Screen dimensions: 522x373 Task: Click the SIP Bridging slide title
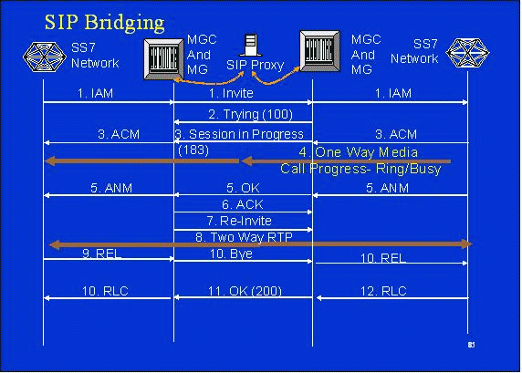[105, 23]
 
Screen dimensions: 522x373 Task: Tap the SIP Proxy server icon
[250, 45]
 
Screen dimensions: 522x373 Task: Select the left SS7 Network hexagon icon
[45, 57]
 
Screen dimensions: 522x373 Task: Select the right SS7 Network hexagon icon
[467, 53]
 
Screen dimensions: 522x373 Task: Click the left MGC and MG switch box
[163, 59]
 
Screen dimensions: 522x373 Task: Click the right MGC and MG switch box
[320, 51]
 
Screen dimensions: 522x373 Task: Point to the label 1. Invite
[231, 93]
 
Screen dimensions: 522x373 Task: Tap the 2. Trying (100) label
[250, 115]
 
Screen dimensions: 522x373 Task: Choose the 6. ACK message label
[243, 204]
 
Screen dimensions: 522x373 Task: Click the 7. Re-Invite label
[239, 221]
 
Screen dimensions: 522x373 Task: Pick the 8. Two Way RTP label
[244, 237]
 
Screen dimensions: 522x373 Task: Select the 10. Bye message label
[231, 254]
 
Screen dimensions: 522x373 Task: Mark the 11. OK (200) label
[245, 291]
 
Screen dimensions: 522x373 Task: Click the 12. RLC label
[383, 291]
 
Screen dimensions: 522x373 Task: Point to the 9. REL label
[102, 254]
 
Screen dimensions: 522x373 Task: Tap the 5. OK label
[243, 188]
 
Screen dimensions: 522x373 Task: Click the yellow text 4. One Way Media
[359, 152]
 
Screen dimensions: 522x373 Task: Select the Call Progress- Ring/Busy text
[360, 169]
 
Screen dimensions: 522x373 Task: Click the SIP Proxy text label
[255, 66]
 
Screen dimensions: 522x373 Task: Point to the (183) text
[193, 150]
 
